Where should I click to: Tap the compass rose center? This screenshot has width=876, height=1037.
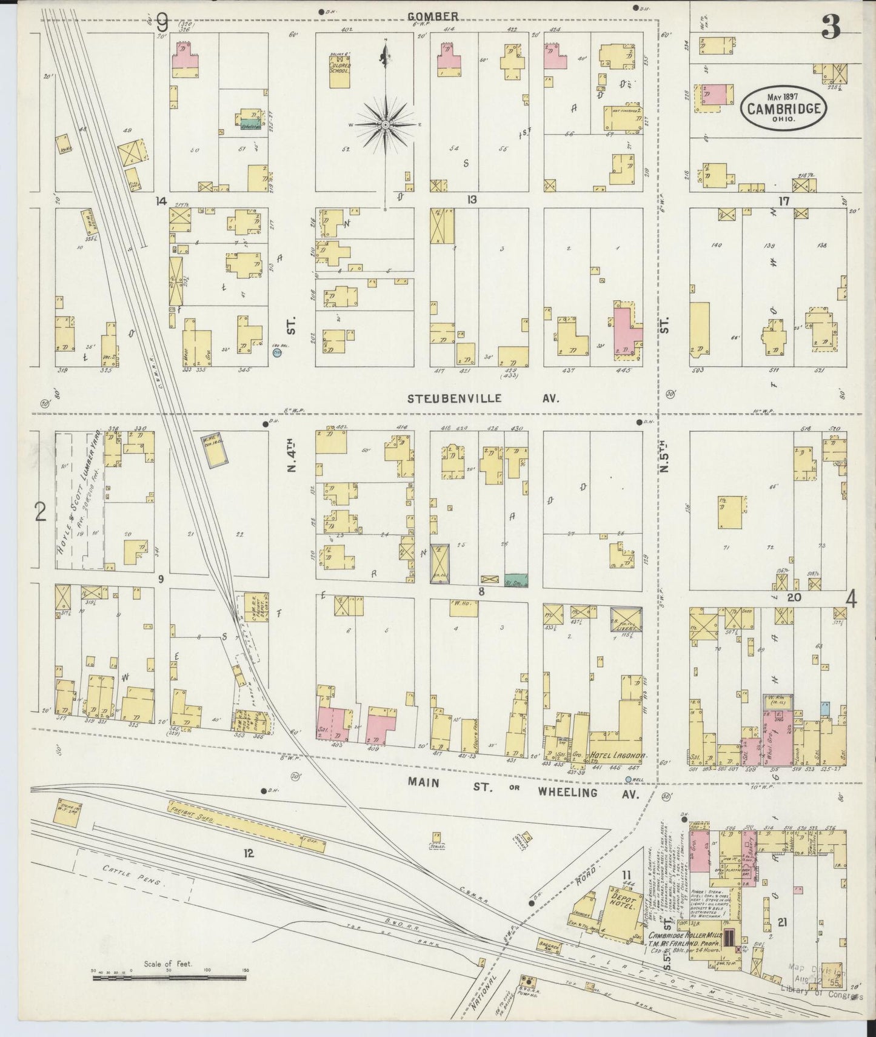click(385, 124)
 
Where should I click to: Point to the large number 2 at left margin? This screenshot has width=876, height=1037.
click(41, 513)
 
